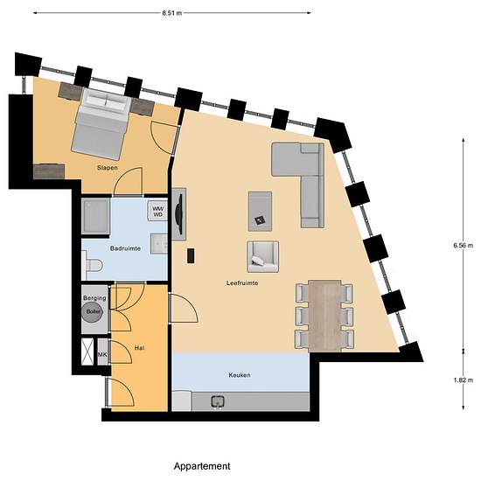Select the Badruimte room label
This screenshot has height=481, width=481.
125,248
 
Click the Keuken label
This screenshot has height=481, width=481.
240,375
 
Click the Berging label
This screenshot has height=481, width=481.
94,298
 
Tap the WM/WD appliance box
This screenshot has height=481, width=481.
158,210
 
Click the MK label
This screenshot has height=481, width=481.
102,354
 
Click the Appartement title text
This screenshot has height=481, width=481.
202,466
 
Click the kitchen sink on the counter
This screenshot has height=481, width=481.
217,401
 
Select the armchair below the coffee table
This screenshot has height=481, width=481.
261,254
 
